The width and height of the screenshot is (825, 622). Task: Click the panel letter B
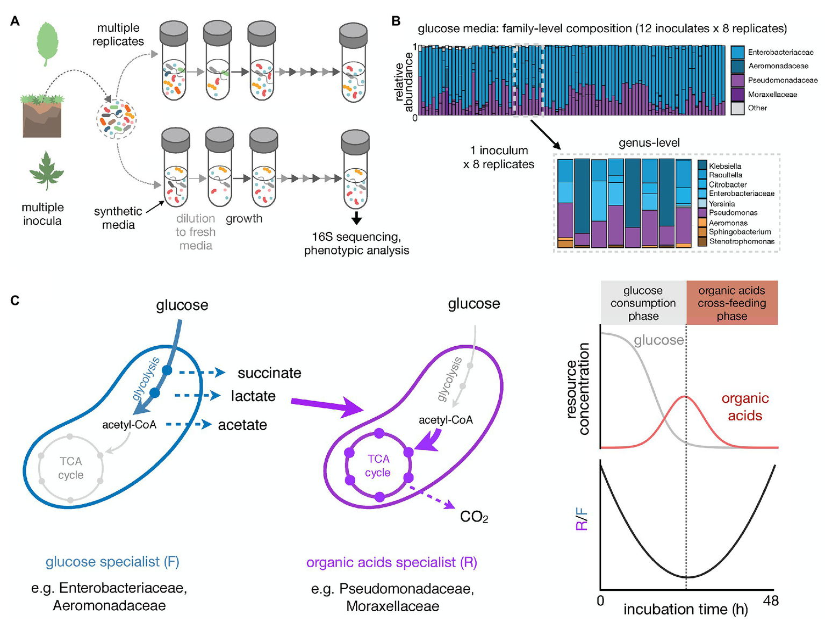tap(396, 22)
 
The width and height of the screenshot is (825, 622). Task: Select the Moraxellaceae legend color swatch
tap(737, 94)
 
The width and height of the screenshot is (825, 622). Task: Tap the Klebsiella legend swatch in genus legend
tap(702, 166)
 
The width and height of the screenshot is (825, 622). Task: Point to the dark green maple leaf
tap(46, 170)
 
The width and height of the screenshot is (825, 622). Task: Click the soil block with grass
tap(42, 115)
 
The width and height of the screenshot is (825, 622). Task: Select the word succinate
tap(269, 373)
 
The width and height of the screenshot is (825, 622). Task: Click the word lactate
tap(253, 396)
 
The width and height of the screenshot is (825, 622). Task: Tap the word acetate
tap(242, 425)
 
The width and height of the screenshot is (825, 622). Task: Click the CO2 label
tap(474, 517)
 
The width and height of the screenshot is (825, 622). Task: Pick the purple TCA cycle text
tap(378, 466)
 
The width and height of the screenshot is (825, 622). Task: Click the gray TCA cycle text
tap(71, 468)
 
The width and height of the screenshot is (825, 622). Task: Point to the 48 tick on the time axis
tap(771, 600)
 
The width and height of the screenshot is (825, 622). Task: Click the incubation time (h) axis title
tap(685, 609)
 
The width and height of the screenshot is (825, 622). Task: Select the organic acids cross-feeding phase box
tap(731, 303)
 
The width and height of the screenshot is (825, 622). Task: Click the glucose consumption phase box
tap(643, 303)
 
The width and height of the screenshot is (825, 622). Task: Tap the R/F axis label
tap(582, 519)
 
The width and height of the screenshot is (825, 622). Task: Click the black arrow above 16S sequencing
tap(356, 218)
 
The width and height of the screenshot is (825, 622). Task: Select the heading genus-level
tap(649, 143)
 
